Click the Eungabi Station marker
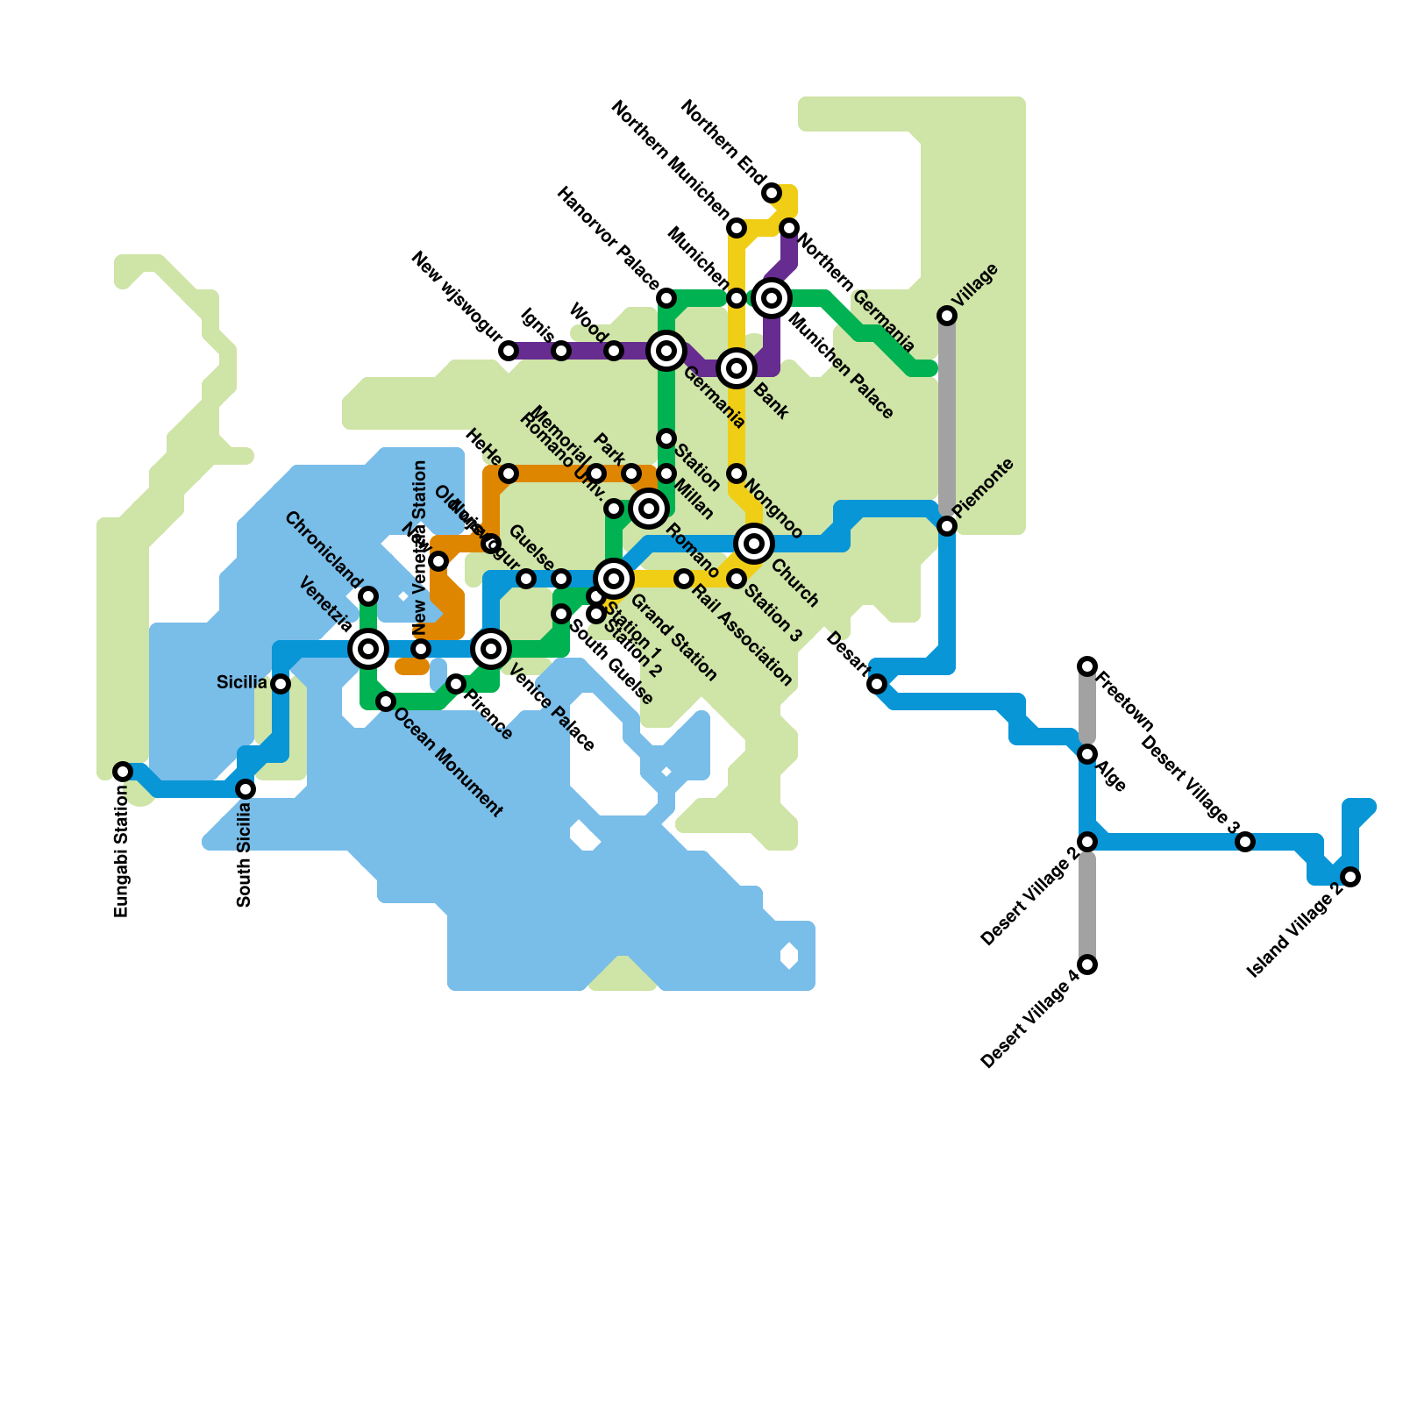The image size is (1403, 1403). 123,772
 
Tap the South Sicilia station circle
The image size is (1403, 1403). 246,789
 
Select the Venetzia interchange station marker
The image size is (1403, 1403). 368,649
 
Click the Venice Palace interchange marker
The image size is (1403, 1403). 491,649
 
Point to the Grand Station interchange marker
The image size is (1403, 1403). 614,579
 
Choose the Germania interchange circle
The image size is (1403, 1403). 666,351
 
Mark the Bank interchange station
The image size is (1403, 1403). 737,368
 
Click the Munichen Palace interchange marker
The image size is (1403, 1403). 772,298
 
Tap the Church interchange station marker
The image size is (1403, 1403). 754,544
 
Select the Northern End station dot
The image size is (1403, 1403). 772,193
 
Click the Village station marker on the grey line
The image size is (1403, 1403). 947,316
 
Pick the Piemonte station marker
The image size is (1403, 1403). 947,526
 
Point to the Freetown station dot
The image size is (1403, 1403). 1087,666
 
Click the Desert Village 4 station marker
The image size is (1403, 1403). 1087,965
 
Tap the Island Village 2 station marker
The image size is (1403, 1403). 1350,877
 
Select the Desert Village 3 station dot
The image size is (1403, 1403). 1245,842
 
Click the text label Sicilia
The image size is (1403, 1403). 241,683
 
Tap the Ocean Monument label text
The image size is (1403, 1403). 448,762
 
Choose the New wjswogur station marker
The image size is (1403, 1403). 509,351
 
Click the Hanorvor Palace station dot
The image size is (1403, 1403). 666,298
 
